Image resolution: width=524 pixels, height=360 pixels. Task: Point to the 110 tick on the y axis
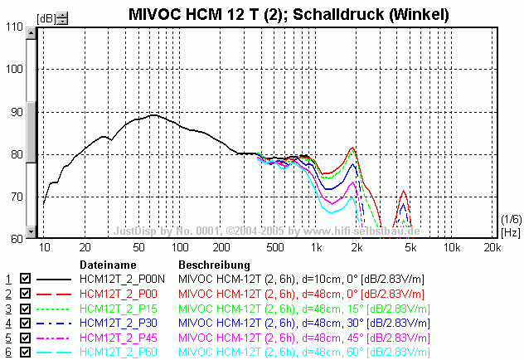(14, 27)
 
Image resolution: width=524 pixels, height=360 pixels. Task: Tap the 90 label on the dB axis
(14, 111)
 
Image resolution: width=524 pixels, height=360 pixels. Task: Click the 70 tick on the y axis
(14, 197)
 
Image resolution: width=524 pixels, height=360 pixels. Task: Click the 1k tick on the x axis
(316, 247)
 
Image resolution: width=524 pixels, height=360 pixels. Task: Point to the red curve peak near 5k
(404, 191)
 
